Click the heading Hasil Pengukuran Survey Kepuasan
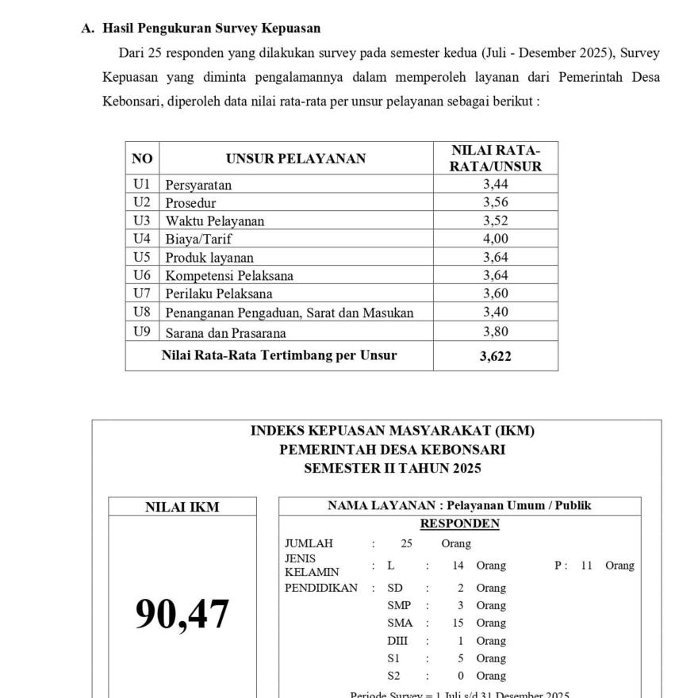coord(211,29)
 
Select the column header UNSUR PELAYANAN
coord(296,159)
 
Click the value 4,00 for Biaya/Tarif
coord(496,239)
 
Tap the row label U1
coord(142,184)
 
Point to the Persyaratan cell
coord(198,185)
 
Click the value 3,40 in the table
coord(496,313)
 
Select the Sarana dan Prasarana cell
coord(225,333)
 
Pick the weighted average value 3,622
coord(496,356)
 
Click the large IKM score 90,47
coord(182,614)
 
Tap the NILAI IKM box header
coord(182,507)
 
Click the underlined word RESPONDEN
coord(459,523)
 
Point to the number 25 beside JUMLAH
coord(407,543)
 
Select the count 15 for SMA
coord(458,623)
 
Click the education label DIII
coord(397,641)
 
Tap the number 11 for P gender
coord(587,566)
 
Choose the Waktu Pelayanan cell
coord(215,221)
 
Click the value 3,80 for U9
coord(496,332)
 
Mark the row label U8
coord(142,313)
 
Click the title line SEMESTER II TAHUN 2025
coord(393,468)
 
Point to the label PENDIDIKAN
coord(321,588)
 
